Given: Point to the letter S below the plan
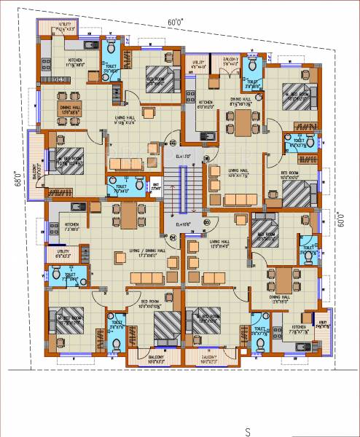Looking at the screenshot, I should coord(249,431).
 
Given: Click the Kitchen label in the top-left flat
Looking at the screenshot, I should coord(75,61).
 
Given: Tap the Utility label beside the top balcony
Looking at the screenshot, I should coord(200,64).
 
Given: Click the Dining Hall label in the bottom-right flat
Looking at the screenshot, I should coord(280,297).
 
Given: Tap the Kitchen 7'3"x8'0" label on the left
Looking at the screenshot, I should coord(71,225).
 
